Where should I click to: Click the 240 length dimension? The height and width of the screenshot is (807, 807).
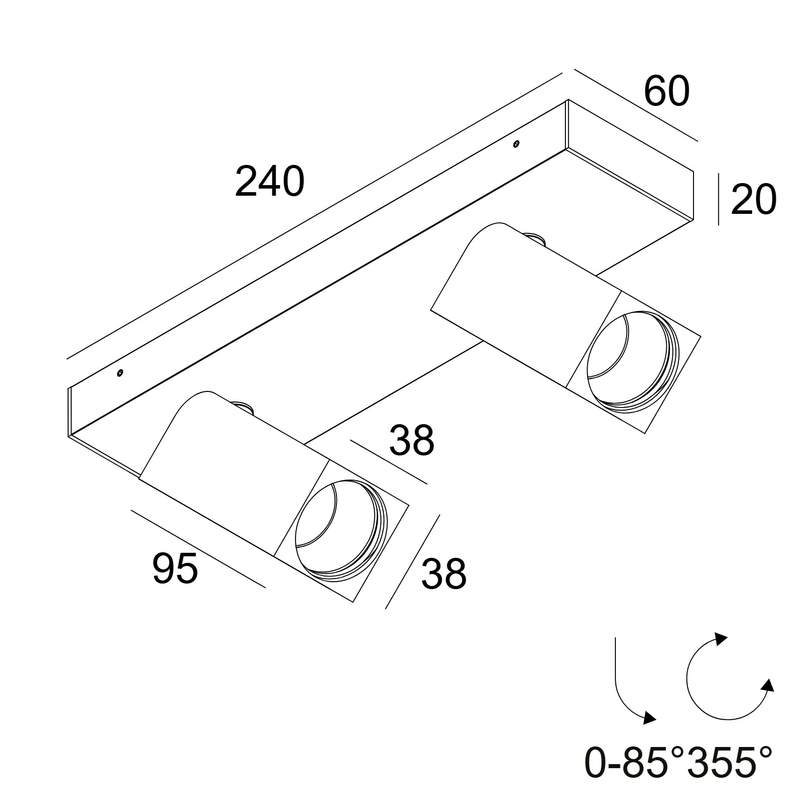pyautogui.click(x=270, y=182)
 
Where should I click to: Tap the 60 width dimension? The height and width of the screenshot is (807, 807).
pyautogui.click(x=666, y=92)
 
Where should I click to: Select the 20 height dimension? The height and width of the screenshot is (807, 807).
pyautogui.click(x=753, y=200)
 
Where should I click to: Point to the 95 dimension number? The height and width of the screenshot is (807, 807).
pyautogui.click(x=175, y=568)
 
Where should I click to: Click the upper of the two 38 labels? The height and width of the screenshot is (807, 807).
pyautogui.click(x=412, y=440)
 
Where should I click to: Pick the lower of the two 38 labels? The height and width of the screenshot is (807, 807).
pyautogui.click(x=444, y=573)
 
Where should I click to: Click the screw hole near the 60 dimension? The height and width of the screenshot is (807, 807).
pyautogui.click(x=515, y=144)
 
